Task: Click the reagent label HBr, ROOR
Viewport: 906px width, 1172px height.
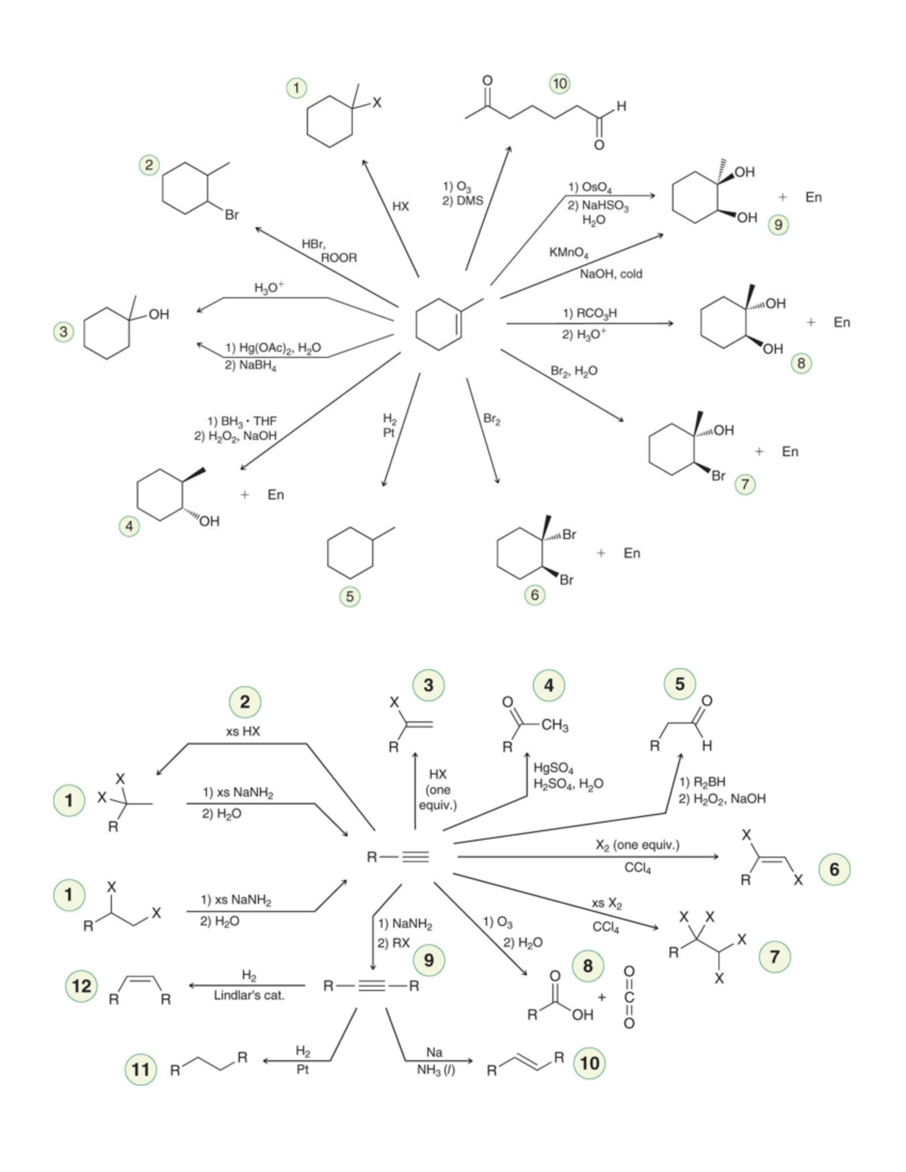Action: coord(329,251)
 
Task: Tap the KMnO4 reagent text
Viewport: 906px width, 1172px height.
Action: coord(569,253)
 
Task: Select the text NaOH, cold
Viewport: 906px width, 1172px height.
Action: coord(611,274)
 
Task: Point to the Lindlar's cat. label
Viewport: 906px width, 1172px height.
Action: coord(248,995)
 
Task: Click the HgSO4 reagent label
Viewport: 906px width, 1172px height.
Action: coord(553,768)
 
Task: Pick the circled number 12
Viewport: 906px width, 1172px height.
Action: coord(82,986)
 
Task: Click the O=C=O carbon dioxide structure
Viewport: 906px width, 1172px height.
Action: coord(629,997)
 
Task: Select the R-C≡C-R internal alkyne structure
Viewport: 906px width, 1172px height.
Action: coord(371,986)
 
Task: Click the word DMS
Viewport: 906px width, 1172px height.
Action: coord(469,201)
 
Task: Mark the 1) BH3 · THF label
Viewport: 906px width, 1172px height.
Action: coord(242,421)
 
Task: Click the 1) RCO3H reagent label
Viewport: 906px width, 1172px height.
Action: coord(590,313)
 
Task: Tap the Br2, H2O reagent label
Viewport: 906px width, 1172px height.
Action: coord(574,371)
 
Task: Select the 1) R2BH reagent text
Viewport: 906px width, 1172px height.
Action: coord(702,782)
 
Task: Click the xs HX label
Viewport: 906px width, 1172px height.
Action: coord(243,731)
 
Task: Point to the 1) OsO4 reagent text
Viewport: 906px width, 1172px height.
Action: coord(590,188)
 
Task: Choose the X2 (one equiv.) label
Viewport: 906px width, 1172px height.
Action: coord(638,844)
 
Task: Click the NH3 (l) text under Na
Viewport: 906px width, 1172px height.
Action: coord(436,1069)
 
